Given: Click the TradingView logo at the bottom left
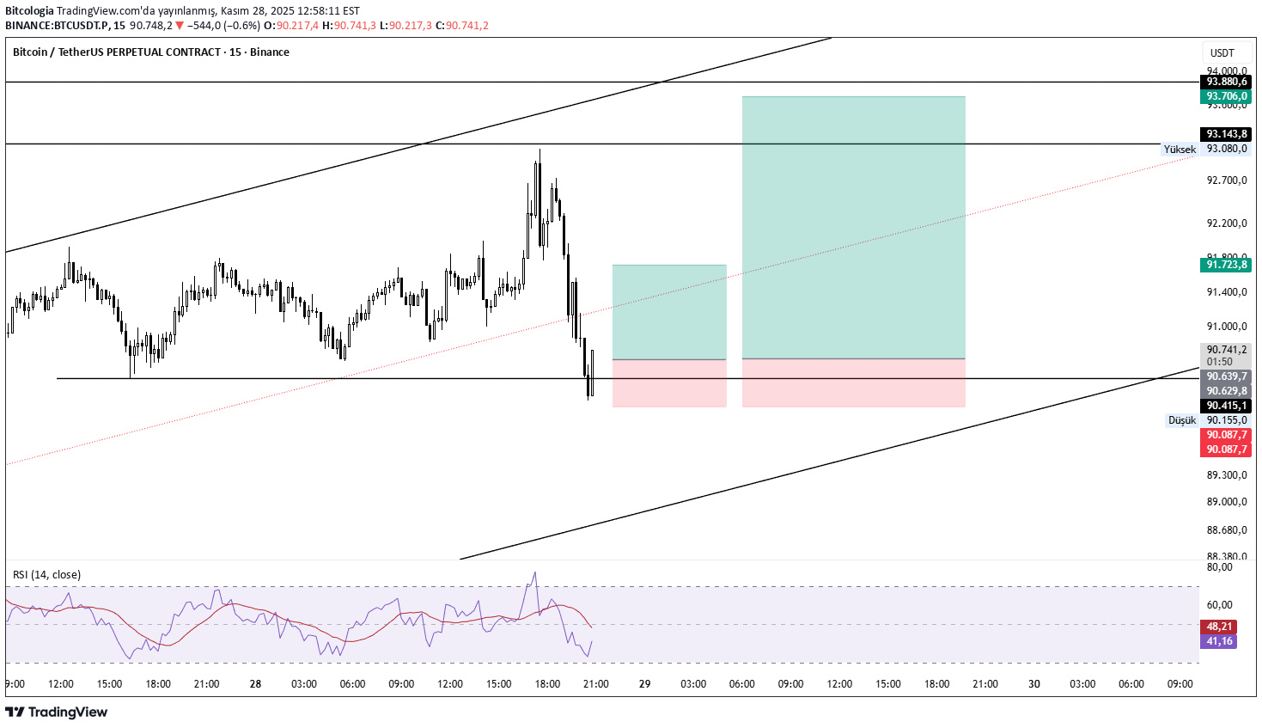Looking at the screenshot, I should point(57,712).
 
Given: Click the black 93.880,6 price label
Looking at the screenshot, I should point(1226,82).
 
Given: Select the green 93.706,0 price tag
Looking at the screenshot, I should point(1226,96).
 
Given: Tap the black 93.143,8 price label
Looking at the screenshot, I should point(1226,134).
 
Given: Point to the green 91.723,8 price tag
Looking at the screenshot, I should point(1226,265).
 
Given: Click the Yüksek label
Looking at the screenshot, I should point(1179,150).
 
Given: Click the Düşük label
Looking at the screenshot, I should point(1181,420).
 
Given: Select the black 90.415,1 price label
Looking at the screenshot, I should point(1226,406).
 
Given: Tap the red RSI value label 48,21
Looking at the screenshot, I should point(1219,627).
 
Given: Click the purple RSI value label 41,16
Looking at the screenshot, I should point(1219,641).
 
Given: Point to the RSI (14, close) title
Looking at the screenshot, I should point(46,575).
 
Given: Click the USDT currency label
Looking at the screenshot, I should point(1222,53).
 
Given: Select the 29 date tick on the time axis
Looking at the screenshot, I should point(645,684).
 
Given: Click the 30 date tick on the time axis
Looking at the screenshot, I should point(1034,684).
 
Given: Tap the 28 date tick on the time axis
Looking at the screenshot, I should point(255,684).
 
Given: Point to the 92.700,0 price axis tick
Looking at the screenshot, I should point(1226,180).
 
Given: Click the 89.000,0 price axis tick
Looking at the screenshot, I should point(1226,502).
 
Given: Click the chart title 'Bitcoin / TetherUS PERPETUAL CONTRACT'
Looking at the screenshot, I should point(117,52).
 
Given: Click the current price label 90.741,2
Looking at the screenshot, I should point(1226,350).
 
